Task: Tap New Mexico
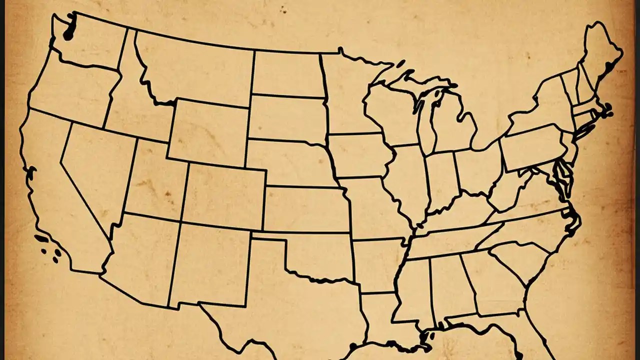coord(210,265)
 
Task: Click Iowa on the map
coord(357,155)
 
